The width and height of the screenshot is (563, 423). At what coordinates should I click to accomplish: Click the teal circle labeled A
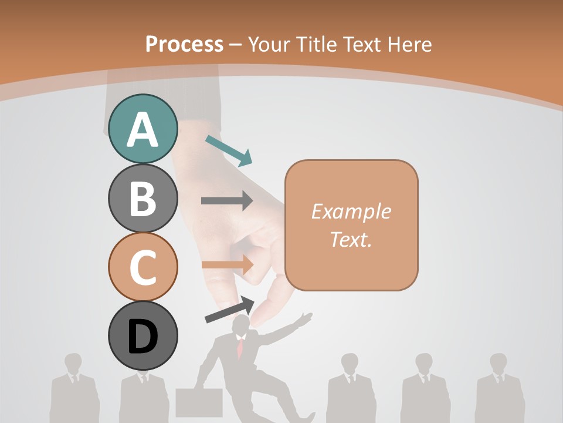(143, 129)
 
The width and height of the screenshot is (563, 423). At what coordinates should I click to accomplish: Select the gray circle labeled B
(143, 198)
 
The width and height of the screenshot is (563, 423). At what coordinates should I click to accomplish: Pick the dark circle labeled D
(143, 335)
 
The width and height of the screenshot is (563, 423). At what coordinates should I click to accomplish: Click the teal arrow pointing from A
(229, 150)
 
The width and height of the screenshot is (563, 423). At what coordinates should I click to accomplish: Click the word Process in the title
(184, 44)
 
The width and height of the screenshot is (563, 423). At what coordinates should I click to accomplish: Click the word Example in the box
(351, 211)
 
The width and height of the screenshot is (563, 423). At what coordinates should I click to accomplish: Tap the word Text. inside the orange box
(351, 240)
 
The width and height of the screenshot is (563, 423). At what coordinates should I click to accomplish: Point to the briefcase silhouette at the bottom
(199, 402)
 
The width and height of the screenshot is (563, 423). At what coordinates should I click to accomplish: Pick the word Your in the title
(270, 44)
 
